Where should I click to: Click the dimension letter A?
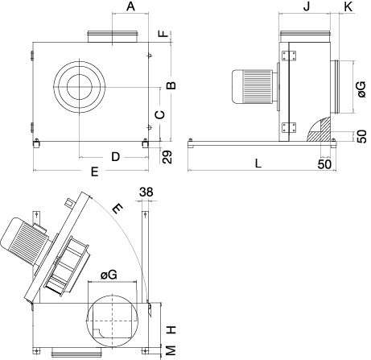coord(130,6)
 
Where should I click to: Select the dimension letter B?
coord(171,85)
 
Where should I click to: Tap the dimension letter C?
coord(160,115)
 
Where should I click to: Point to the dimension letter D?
coord(115,156)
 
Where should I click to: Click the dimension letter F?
coord(163,33)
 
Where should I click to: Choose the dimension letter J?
coord(307,6)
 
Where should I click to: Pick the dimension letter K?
coord(348,6)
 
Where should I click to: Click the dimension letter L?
coord(258,163)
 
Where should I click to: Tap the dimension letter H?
coord(171,329)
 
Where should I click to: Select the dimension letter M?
coord(171,350)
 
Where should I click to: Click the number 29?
coord(167,157)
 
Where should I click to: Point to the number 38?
coord(146,192)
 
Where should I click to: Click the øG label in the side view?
coord(361,89)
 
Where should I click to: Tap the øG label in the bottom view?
coord(109,275)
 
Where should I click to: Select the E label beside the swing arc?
coord(117,209)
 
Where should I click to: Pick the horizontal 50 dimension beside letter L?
coord(324,164)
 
